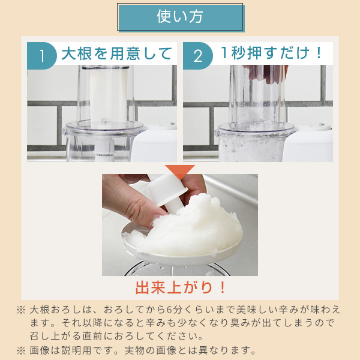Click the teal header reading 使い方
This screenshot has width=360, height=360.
point(180,17)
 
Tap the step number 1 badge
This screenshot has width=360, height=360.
point(43,55)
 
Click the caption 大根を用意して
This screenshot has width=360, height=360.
point(116,53)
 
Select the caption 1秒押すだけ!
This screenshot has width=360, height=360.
point(272,53)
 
